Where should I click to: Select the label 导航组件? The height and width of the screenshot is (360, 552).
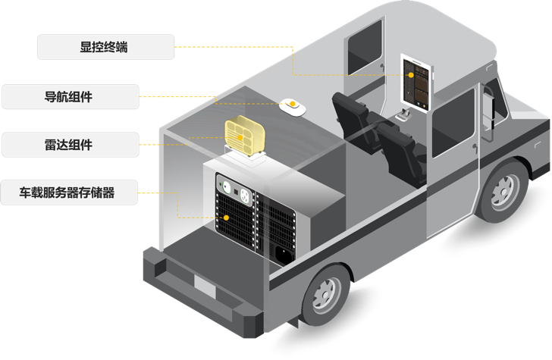tap(69, 96)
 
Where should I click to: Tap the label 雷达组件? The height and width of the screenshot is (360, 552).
tap(69, 144)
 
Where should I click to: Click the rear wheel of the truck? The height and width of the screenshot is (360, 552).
tap(328, 293)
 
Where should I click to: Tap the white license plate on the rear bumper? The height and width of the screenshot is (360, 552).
tap(205, 285)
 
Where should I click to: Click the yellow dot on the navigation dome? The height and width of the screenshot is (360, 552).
tap(291, 102)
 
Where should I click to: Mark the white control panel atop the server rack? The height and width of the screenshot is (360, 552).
tap(235, 186)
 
